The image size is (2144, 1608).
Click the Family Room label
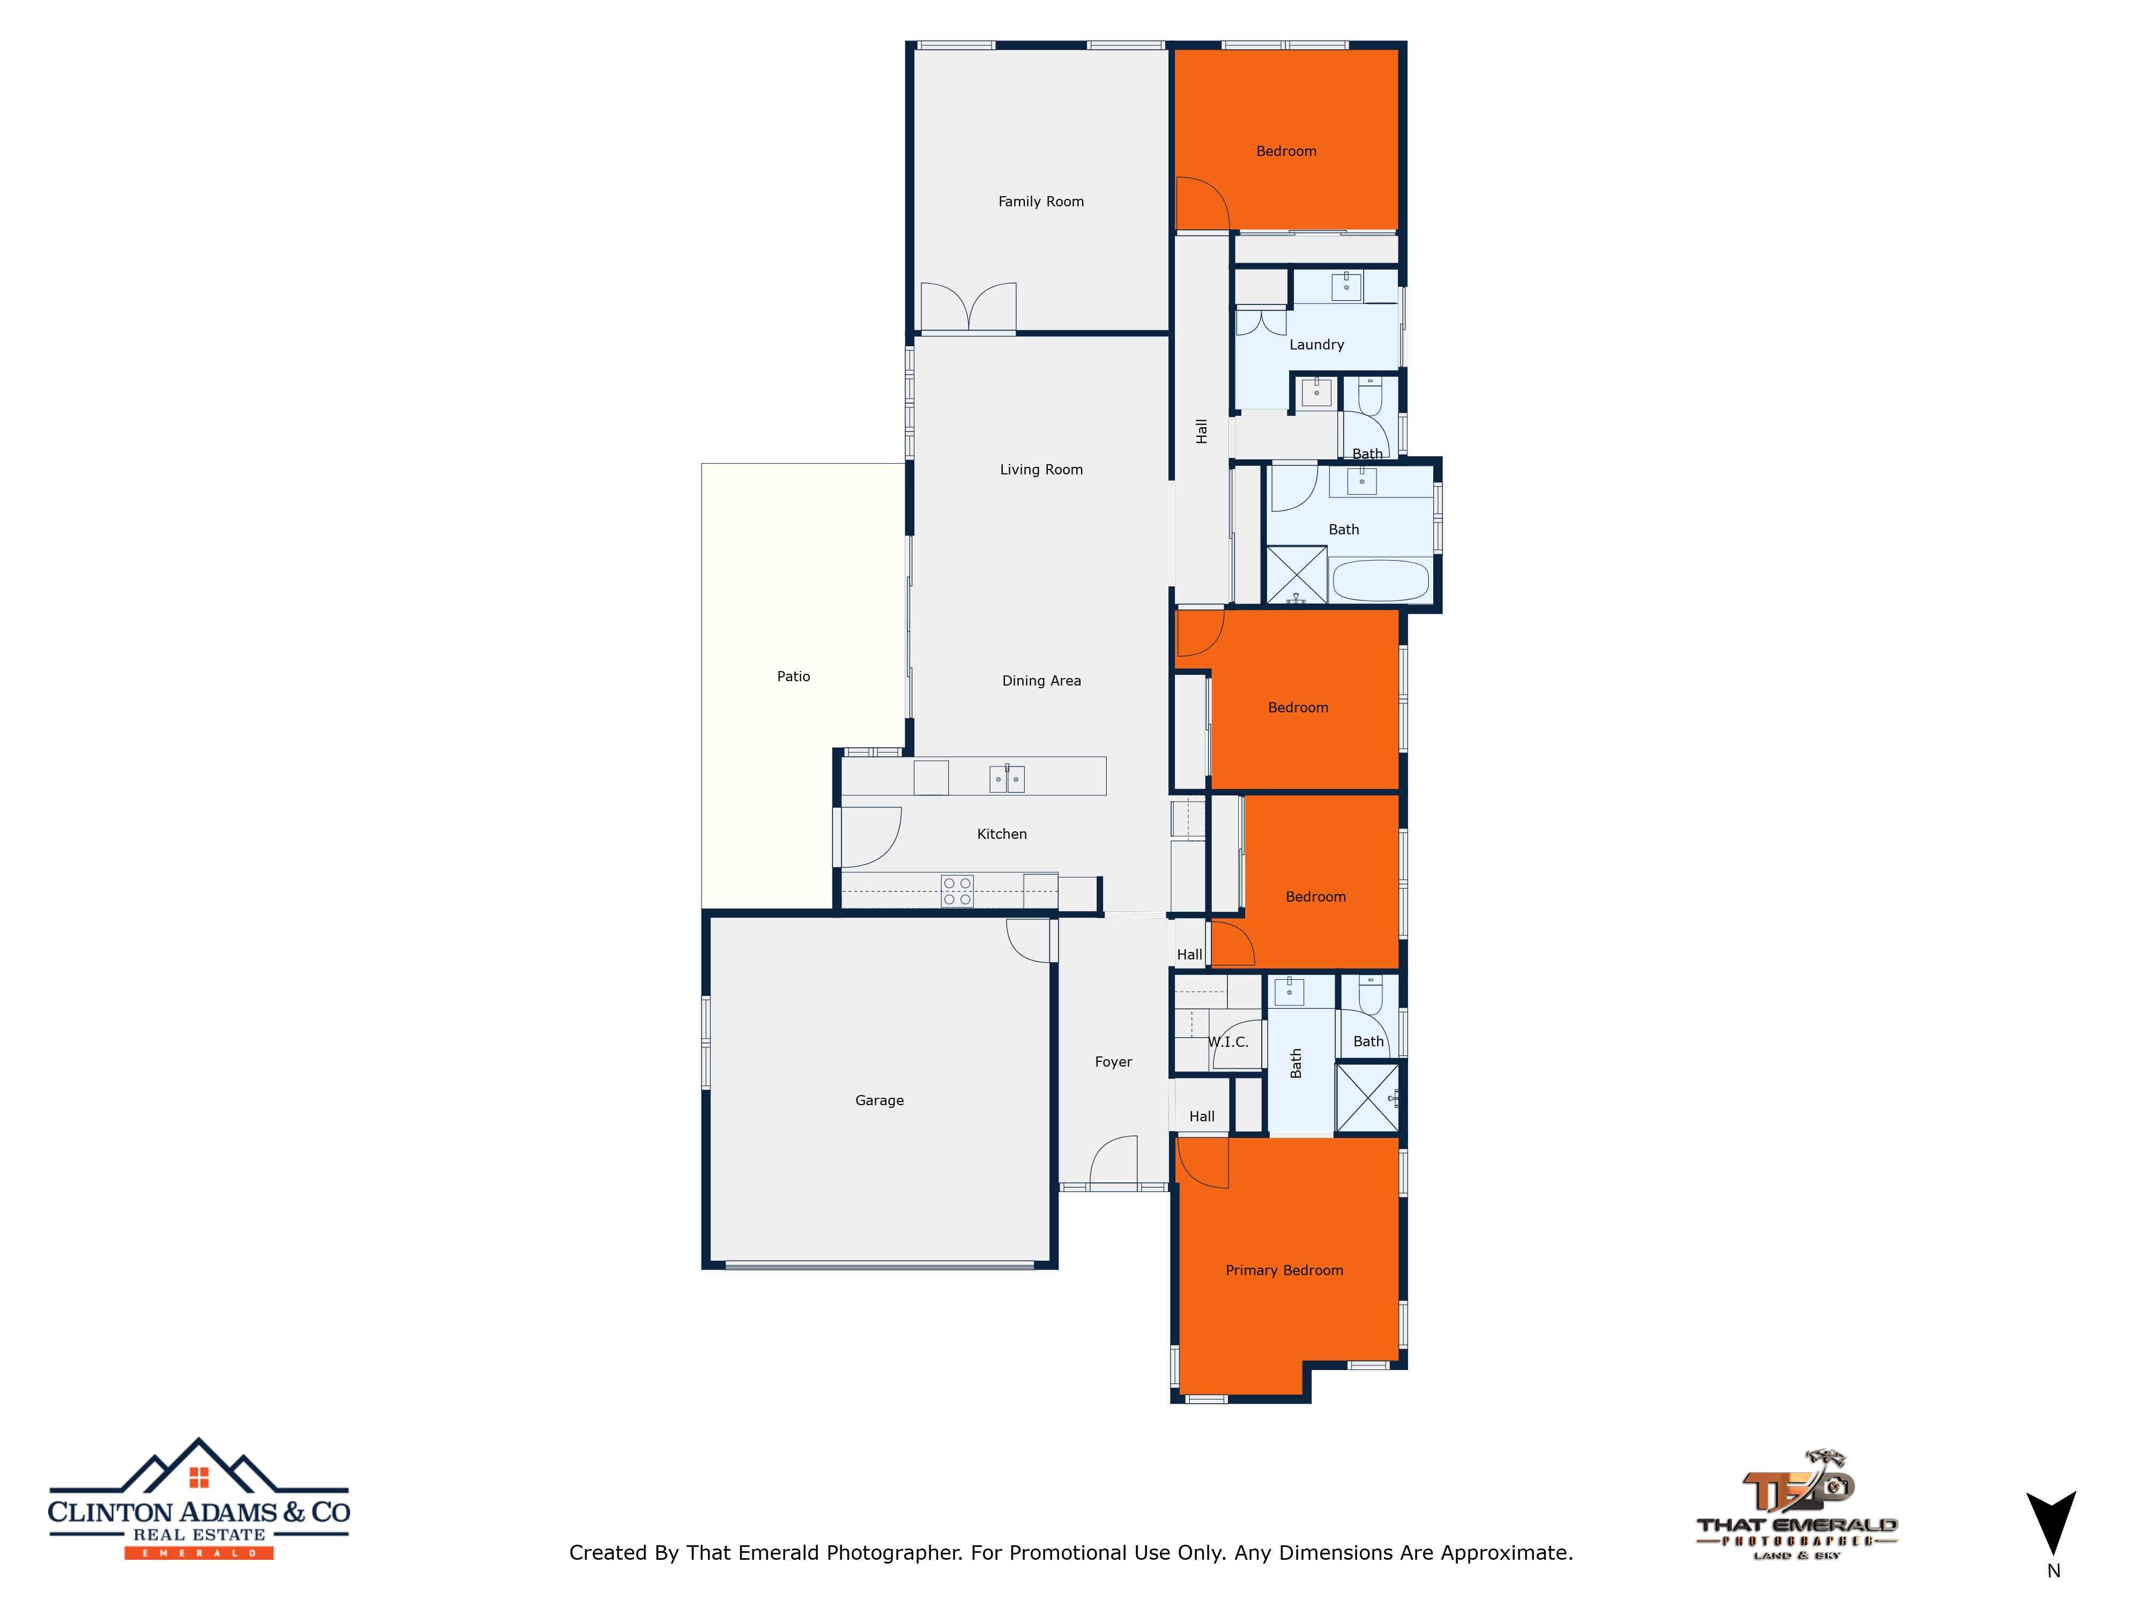click(1041, 202)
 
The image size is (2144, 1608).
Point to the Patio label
click(793, 676)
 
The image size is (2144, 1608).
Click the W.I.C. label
click(1228, 1042)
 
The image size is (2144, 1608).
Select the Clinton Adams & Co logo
click(199, 1499)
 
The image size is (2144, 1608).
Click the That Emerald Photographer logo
click(1796, 1505)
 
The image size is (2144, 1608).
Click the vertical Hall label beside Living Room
click(1202, 431)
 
